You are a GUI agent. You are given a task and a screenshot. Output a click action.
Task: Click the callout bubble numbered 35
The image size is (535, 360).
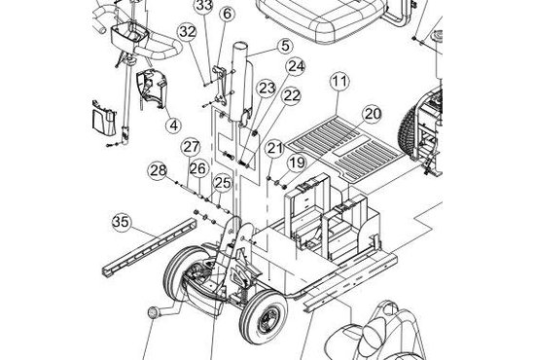click(x=122, y=222)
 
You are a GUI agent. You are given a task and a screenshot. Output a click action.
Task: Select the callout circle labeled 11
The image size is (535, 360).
click(x=339, y=82)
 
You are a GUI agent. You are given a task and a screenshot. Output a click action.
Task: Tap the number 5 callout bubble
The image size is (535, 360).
click(x=285, y=46)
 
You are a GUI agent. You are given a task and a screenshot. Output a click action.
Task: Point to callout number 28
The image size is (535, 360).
click(x=158, y=170)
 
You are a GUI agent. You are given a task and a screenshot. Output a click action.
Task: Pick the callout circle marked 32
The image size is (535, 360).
click(x=188, y=32)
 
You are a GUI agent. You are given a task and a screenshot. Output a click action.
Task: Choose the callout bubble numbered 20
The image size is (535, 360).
click(x=372, y=114)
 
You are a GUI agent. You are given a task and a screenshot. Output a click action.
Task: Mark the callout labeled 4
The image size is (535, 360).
click(x=174, y=126)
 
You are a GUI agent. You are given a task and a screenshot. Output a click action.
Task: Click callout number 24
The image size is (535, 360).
click(x=296, y=66)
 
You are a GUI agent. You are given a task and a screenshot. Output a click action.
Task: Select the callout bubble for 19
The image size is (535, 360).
click(x=297, y=163)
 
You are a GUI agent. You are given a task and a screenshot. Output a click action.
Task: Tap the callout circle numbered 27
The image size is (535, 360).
click(x=191, y=147)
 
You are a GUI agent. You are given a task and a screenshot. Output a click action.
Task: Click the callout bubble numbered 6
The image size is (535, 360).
click(x=227, y=14)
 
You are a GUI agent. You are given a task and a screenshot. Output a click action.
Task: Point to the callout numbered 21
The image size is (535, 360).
click(x=275, y=148)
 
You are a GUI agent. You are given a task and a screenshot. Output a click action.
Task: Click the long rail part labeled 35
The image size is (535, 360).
click(x=150, y=247)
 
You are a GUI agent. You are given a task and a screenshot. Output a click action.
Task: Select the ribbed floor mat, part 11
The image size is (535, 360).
click(x=345, y=148)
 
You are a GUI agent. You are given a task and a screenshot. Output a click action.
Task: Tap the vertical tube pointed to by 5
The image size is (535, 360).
click(x=241, y=82)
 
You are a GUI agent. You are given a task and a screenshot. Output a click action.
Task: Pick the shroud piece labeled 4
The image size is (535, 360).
click(x=151, y=88)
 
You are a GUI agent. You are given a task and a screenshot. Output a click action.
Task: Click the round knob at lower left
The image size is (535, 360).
click(x=153, y=313)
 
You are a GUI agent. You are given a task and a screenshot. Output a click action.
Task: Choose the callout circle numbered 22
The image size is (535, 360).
click(x=291, y=96)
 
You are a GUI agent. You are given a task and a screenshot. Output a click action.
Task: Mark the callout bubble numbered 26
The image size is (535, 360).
click(x=198, y=169)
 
